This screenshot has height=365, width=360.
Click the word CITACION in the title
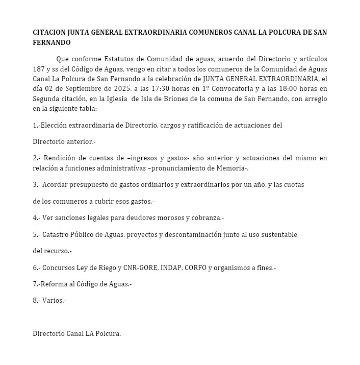(x=49, y=32)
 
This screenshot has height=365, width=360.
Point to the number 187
(x=39, y=69)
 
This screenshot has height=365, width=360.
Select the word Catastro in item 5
(x=57, y=234)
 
